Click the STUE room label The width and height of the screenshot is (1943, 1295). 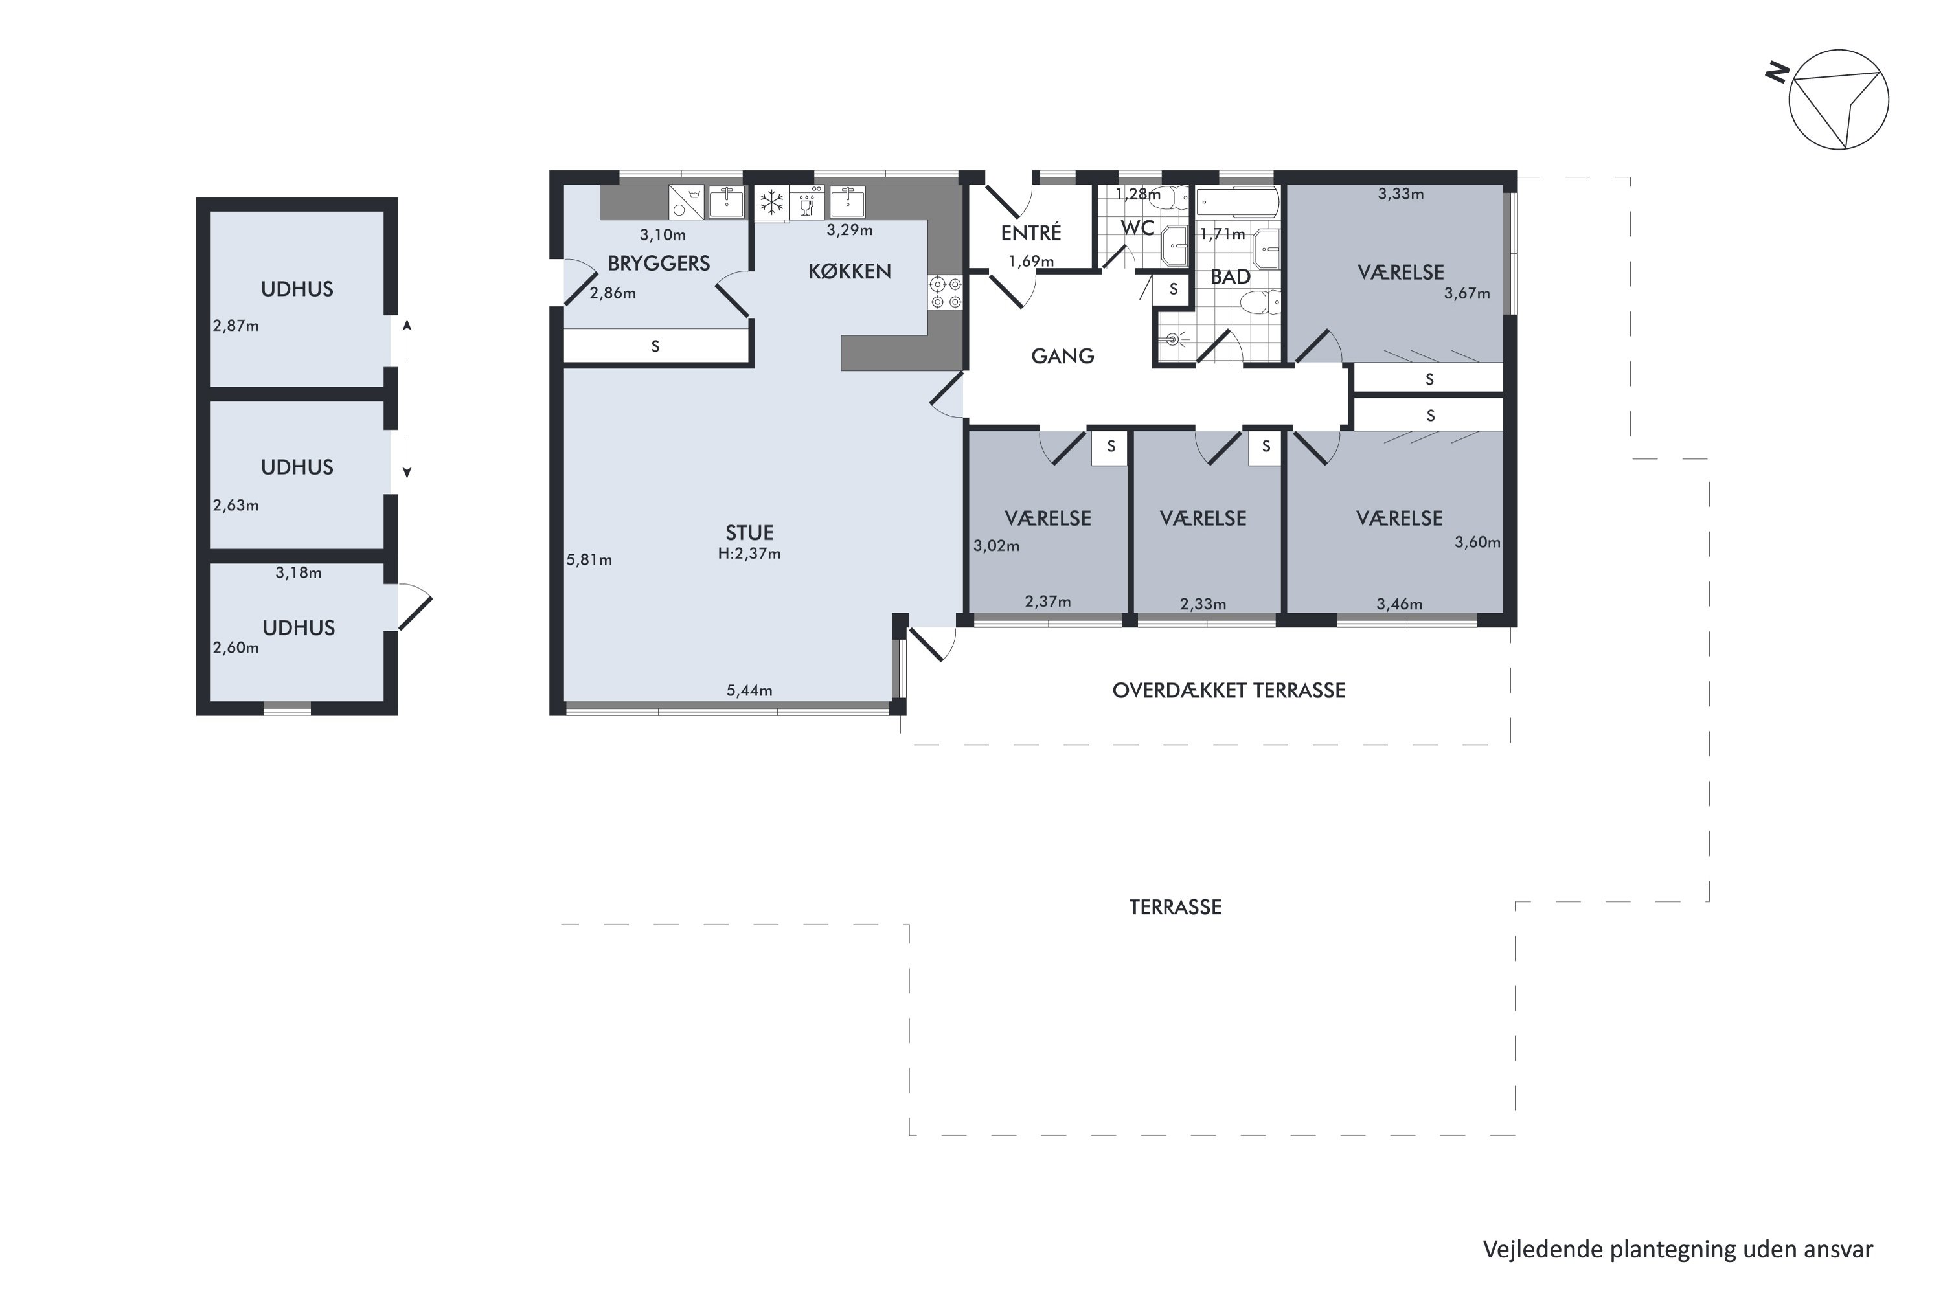tap(749, 533)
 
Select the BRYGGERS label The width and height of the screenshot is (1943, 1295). tap(659, 264)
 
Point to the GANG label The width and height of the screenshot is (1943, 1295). tap(1062, 356)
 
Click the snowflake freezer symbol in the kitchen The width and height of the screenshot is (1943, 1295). tap(771, 202)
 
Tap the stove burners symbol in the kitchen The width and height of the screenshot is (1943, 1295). tap(945, 293)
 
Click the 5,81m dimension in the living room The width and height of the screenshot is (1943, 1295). tap(589, 560)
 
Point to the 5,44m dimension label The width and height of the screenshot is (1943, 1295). tap(749, 690)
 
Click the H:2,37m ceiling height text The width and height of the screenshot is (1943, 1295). tap(749, 554)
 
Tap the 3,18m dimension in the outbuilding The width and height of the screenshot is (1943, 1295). tap(298, 572)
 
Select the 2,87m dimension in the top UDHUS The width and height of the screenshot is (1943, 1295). tap(236, 326)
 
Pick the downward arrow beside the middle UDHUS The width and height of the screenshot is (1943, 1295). tap(407, 458)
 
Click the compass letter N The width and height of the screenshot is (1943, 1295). tap(1777, 74)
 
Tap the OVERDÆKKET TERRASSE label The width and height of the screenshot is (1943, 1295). tap(1229, 690)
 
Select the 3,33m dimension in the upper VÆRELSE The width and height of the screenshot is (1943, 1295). tap(1400, 194)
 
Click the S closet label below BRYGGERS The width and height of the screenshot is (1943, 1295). tap(655, 347)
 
